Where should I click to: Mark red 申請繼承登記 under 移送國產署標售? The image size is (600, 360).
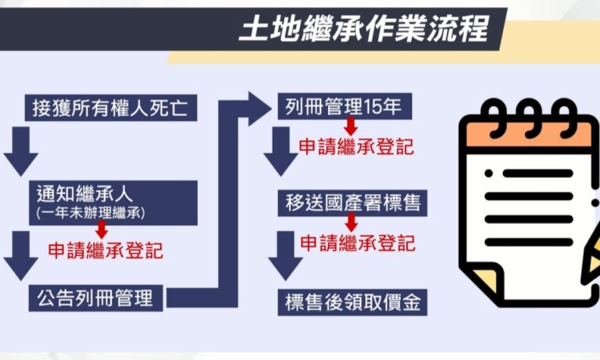(356, 243)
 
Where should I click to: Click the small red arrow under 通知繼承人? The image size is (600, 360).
(101, 230)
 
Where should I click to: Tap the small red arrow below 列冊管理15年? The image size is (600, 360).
(351, 125)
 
